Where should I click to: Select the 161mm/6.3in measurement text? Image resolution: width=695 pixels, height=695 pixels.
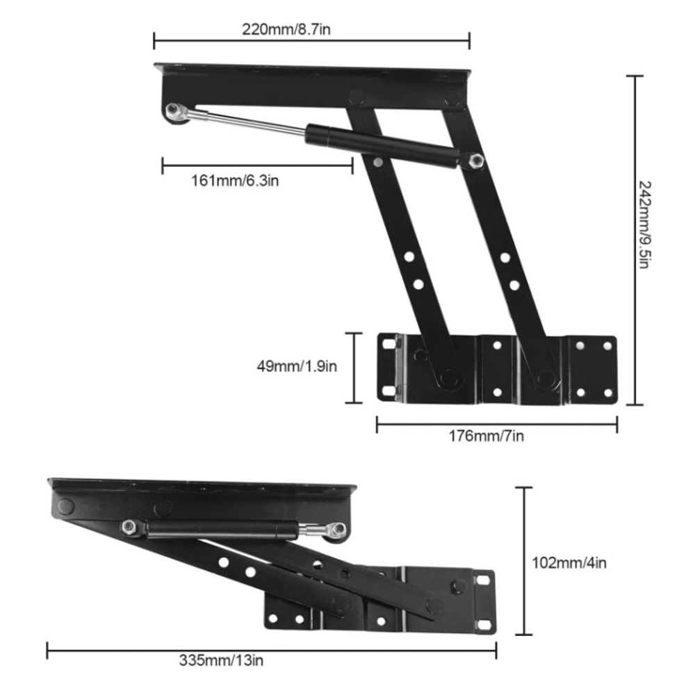coord(236,181)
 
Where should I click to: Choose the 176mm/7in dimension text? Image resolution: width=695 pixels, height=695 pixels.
coord(486,436)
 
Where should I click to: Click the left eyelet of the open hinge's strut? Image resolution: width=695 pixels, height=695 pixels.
coord(174,111)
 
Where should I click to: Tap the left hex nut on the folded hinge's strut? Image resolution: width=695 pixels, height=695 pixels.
coord(130,527)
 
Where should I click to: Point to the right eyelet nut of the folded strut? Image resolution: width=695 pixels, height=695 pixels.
coord(339,530)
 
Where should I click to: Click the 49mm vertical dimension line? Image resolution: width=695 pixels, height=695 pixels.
coord(355,368)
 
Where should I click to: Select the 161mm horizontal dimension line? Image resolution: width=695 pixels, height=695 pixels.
coord(257,165)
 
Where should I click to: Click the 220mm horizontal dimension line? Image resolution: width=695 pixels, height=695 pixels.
coord(311,40)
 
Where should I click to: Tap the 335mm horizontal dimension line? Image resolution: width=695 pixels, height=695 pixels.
coord(271,650)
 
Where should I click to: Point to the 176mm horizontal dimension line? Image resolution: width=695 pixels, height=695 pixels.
coord(497,424)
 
